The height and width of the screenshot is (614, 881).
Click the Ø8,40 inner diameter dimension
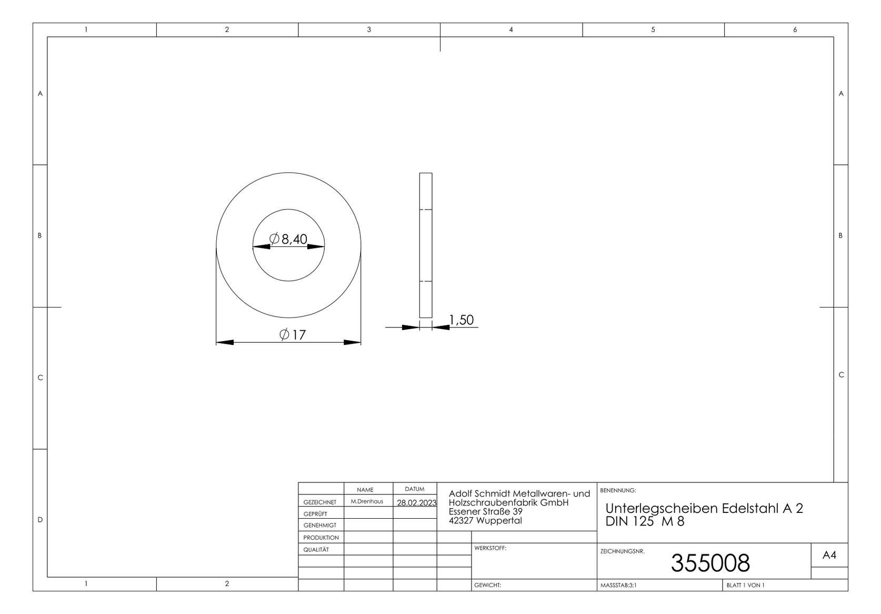[288, 239]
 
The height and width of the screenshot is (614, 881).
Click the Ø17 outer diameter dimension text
[292, 334]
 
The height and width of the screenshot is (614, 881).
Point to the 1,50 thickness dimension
[462, 320]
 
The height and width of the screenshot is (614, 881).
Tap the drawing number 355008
[710, 563]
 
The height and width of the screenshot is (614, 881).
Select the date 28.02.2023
[416, 502]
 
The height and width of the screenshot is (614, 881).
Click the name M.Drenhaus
[367, 501]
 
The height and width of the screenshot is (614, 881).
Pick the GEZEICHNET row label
[320, 502]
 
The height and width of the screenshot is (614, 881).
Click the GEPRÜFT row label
[315, 513]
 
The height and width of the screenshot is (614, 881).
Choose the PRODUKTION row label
[321, 538]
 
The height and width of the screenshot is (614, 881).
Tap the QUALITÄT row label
[316, 549]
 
